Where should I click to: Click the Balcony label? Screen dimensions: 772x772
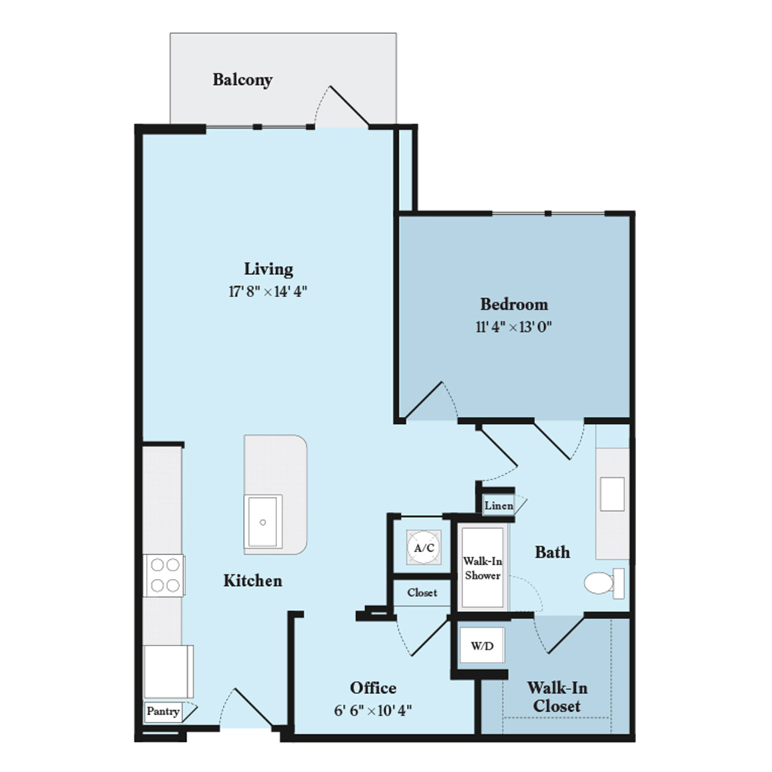242,80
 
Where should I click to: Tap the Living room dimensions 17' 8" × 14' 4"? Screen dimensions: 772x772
268,292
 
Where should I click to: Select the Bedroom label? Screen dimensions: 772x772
514,303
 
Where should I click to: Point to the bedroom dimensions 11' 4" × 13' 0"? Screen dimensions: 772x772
514,327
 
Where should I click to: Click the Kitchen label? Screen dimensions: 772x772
252,581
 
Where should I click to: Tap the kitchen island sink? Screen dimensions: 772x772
263,521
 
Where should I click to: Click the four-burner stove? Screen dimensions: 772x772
164,575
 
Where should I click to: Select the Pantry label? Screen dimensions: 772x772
162,711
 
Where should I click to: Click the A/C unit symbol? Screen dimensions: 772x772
424,547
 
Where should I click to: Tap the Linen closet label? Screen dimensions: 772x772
499,506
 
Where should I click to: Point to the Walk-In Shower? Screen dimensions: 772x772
482,567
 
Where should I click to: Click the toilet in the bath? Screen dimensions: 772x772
604,584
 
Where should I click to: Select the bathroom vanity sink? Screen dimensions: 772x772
612,494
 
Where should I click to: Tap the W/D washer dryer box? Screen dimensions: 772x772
482,645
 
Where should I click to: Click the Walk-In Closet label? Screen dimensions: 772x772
557,696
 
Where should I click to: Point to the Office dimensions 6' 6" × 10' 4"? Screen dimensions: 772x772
373,711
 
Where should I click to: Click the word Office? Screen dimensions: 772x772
373,688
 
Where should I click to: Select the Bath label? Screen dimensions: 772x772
553,553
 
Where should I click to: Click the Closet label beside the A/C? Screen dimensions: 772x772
422,593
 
